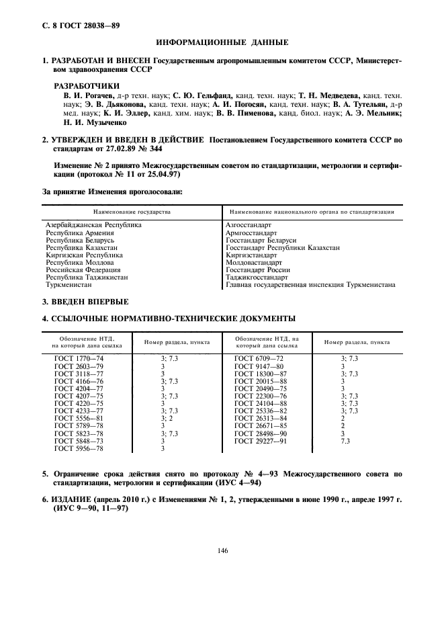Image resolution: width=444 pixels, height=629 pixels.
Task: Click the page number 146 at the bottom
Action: click(x=222, y=550)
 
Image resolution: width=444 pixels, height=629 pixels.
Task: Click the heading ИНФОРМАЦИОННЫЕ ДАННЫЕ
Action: click(x=222, y=43)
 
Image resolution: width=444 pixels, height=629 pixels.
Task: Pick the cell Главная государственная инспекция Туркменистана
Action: click(x=310, y=284)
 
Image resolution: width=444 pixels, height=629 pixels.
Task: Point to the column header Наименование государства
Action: click(x=130, y=212)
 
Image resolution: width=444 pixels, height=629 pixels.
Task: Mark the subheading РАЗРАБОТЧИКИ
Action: click(x=87, y=86)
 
